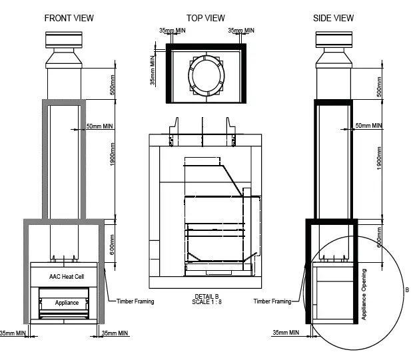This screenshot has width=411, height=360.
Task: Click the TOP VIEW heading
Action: click(205, 18)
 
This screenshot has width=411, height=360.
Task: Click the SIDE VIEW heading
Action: click(333, 18)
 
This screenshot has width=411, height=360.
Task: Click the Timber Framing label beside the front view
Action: click(135, 301)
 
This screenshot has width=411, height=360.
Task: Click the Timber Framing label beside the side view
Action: click(272, 301)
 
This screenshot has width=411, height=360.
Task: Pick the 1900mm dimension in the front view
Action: click(113, 158)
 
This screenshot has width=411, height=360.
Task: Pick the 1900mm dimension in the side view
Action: click(379, 158)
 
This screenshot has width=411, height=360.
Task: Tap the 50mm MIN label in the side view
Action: click(368, 125)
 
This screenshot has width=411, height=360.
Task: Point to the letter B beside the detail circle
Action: click(407, 291)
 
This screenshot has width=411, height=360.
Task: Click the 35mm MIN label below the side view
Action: click(286, 332)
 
